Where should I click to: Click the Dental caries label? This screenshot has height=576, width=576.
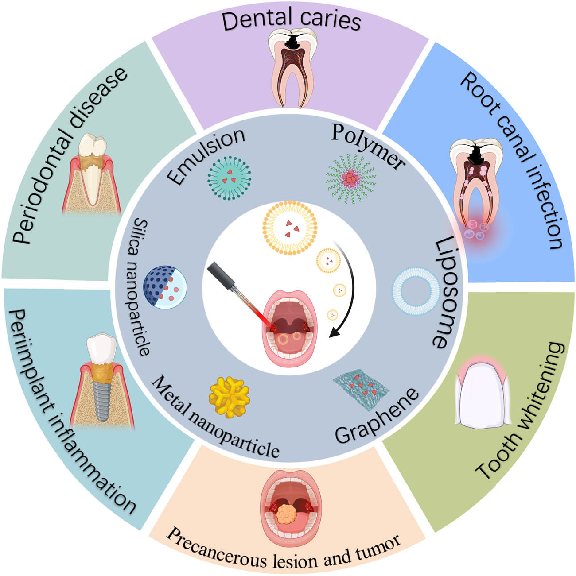291,20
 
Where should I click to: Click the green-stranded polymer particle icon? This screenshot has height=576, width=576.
351,178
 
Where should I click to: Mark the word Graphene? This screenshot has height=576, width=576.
377,416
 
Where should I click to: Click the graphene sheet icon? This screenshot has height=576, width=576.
361,385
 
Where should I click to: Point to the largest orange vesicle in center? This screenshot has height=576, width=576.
290,228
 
